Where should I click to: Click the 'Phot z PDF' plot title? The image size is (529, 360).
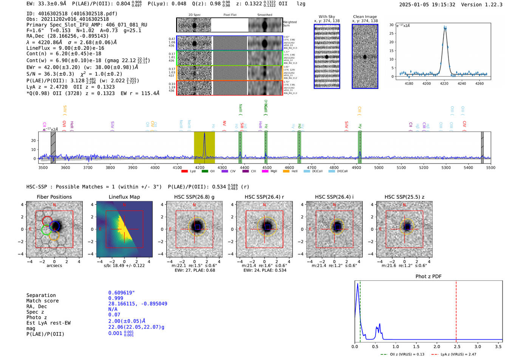[x=428, y=277]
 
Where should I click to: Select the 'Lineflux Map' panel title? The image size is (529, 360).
[x=124, y=197]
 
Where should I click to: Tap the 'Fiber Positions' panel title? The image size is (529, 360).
[x=54, y=197]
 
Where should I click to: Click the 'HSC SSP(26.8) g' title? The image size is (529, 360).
[x=194, y=197]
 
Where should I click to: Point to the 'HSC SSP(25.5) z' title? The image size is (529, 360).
[x=404, y=197]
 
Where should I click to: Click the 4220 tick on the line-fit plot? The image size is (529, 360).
[x=444, y=83]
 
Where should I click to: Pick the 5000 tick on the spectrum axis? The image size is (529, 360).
[x=379, y=168]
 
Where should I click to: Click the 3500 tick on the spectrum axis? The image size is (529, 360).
[x=43, y=168]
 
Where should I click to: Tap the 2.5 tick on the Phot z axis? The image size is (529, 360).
[x=456, y=346]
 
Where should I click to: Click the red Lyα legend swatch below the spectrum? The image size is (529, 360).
[x=184, y=172]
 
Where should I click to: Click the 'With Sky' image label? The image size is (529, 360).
[x=327, y=17]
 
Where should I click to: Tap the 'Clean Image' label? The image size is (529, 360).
[x=365, y=17]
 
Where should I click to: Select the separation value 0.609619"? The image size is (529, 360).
[x=121, y=293]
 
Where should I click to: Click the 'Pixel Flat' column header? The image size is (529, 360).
[x=230, y=15]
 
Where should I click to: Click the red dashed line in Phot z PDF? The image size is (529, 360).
[x=456, y=310]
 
